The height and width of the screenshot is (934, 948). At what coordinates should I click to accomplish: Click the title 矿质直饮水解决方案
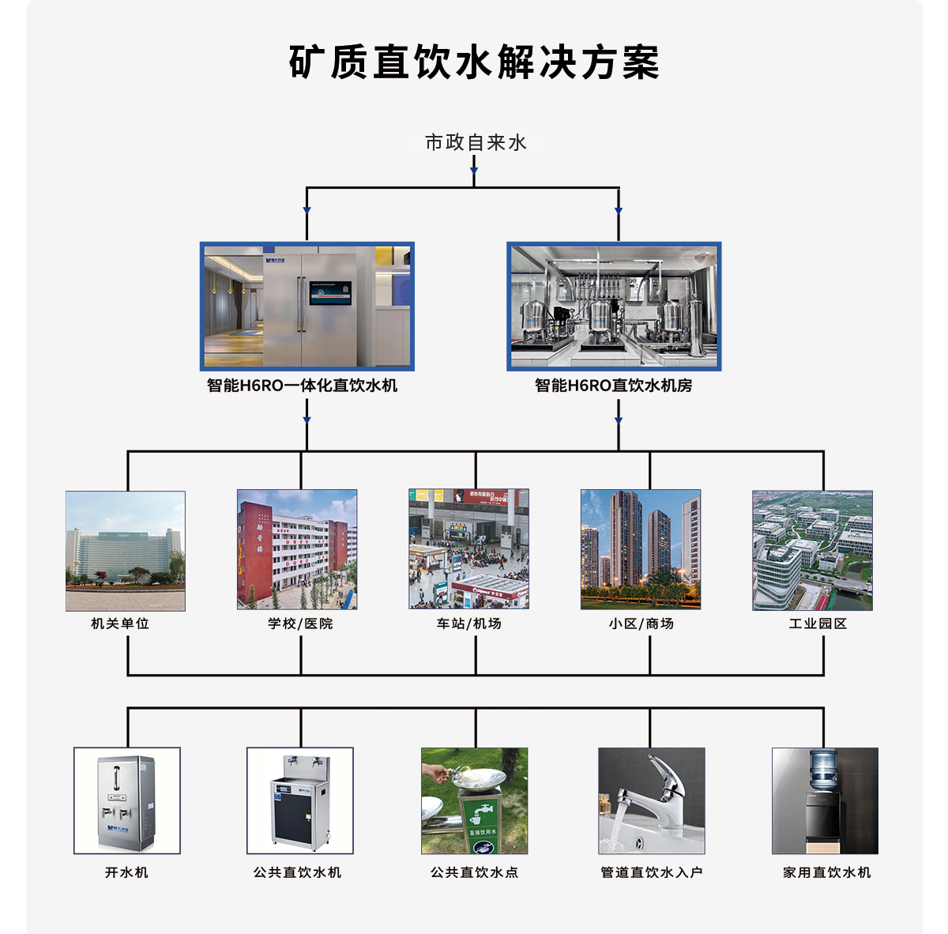coord(474,62)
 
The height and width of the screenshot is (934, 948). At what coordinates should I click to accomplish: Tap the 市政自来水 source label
coord(475,142)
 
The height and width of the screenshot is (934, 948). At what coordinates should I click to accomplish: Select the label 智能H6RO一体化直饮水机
coord(303,386)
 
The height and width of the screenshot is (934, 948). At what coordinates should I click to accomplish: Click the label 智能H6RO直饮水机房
coord(613,386)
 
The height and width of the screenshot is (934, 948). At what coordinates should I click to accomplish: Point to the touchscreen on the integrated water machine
coord(330,292)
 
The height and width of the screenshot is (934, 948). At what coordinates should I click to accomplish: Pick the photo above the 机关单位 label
coord(126,551)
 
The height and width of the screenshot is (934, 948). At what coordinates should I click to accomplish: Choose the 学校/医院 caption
coord(300,623)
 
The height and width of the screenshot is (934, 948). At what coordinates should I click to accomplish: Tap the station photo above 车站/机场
coord(468,549)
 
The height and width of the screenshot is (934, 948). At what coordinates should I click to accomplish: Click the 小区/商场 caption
coord(641,623)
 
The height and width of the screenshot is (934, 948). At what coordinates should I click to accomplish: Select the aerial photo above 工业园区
coord(812,550)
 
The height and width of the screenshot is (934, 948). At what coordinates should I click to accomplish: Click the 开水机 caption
coord(126,872)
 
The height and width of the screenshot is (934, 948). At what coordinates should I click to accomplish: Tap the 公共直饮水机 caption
coord(298,872)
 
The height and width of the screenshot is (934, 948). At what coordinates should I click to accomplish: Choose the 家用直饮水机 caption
coord(827,872)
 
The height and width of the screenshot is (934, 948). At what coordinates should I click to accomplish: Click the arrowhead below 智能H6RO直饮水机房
coord(619,420)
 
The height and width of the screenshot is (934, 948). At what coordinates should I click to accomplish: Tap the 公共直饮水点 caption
coord(475,872)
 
